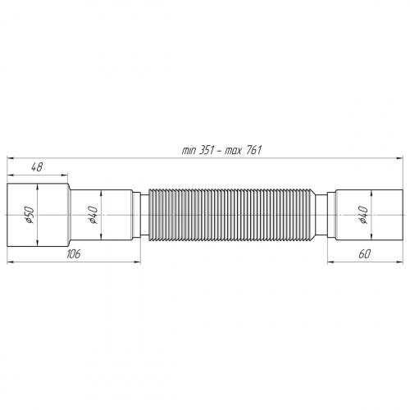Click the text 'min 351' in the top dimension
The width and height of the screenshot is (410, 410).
click(x=197, y=150)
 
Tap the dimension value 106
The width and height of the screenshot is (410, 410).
click(x=74, y=255)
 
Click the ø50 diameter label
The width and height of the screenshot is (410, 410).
click(x=28, y=215)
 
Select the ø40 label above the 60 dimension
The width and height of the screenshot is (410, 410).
click(x=362, y=215)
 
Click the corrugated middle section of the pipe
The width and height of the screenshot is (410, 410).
click(x=238, y=215)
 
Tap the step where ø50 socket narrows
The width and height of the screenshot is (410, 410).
click(x=69, y=215)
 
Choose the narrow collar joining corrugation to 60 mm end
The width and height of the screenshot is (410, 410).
click(x=326, y=215)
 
